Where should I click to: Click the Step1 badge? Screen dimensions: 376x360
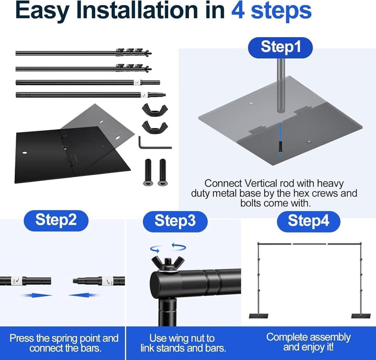point(280,47)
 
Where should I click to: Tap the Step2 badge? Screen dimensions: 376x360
point(56,220)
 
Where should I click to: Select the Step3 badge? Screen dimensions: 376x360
point(175,222)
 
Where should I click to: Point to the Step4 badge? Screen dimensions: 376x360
point(309,222)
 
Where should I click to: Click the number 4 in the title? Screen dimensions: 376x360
point(238,11)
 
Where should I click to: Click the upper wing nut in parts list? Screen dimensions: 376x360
point(155,110)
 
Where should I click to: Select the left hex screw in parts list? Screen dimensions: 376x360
point(148,172)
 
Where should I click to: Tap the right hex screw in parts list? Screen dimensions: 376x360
point(162,172)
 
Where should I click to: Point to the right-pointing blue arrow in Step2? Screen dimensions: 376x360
point(38,295)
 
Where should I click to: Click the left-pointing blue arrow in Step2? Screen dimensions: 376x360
point(83,295)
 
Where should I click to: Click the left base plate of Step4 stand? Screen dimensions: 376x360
point(258,316)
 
